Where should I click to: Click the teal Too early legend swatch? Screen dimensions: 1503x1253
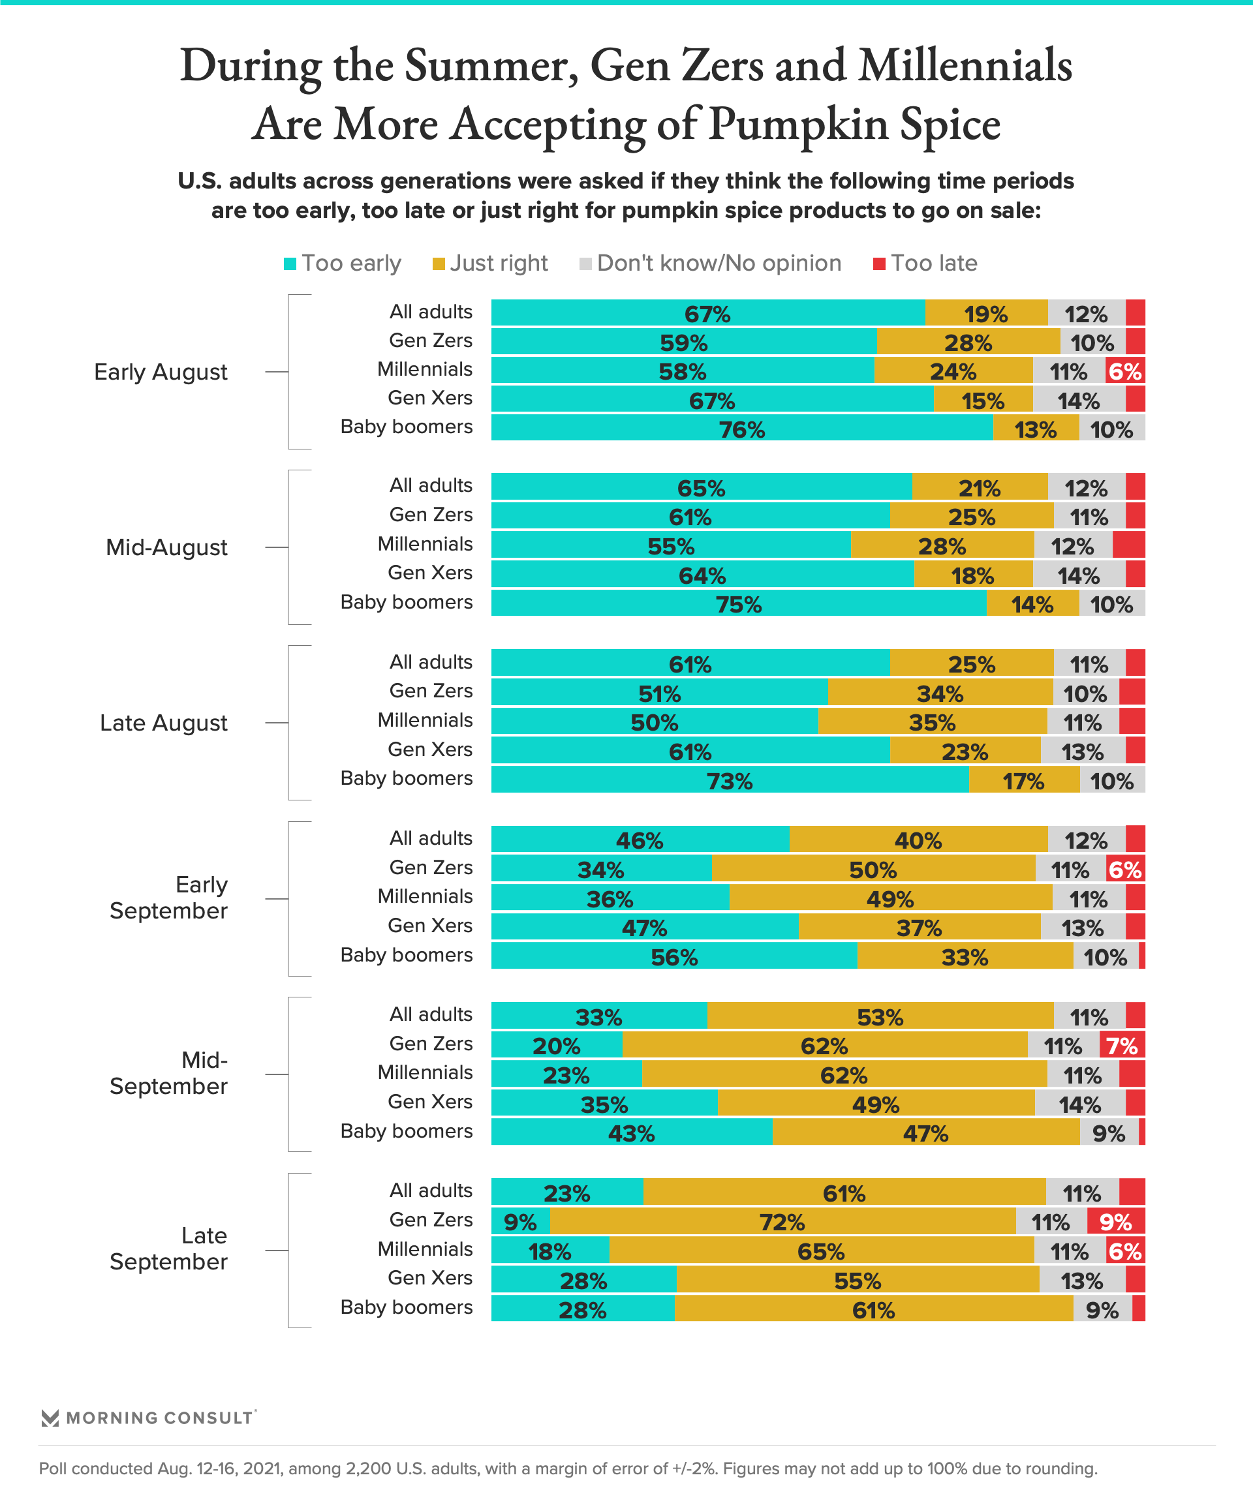[x=290, y=264]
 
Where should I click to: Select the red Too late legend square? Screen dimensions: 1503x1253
[x=879, y=264]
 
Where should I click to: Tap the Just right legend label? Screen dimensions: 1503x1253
[x=499, y=264]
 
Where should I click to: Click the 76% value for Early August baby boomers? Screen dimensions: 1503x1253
[x=742, y=429]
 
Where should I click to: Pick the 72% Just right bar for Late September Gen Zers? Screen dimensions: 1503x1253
[x=782, y=1222]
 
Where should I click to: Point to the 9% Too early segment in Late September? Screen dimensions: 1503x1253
[x=521, y=1222]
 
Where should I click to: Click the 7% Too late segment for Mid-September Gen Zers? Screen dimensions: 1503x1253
[x=1122, y=1046]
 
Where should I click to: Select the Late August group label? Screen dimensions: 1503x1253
[x=163, y=723]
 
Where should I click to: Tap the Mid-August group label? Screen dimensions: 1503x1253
[x=166, y=547]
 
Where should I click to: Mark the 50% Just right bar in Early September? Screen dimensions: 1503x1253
[x=873, y=869]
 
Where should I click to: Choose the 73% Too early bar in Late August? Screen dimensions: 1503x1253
[x=730, y=780]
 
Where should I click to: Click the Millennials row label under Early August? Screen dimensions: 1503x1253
[x=425, y=369]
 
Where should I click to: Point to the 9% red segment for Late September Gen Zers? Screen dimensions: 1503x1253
[x=1115, y=1222]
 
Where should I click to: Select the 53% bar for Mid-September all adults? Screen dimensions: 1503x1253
[x=880, y=1016]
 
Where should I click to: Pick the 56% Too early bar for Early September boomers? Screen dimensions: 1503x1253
[x=673, y=957]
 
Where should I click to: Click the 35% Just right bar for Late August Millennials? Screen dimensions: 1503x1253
[x=932, y=721]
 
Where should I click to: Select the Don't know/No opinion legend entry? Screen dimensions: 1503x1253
[x=718, y=264]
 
